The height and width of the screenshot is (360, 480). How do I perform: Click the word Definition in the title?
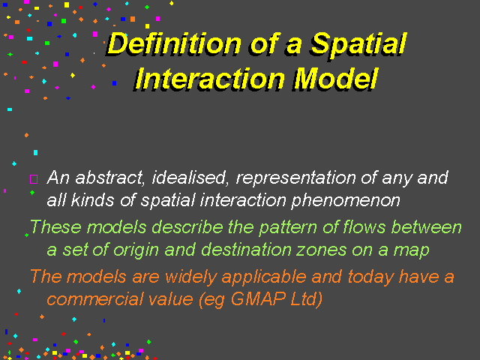(x=175, y=43)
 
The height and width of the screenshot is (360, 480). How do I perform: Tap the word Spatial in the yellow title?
(x=358, y=45)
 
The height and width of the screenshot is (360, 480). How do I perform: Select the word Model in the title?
(x=336, y=78)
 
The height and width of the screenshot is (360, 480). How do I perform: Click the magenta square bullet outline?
(x=34, y=179)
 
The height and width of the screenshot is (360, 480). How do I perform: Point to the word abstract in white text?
(x=109, y=178)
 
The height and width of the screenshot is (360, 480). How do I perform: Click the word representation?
(x=296, y=178)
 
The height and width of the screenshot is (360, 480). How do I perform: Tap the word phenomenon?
(x=346, y=201)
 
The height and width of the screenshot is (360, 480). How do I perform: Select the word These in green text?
(x=55, y=227)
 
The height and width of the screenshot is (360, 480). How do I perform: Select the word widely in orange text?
(x=190, y=277)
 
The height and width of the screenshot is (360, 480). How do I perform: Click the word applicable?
(x=264, y=277)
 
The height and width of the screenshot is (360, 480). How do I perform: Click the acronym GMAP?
(x=259, y=298)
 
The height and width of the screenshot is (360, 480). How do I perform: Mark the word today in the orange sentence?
(x=370, y=277)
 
